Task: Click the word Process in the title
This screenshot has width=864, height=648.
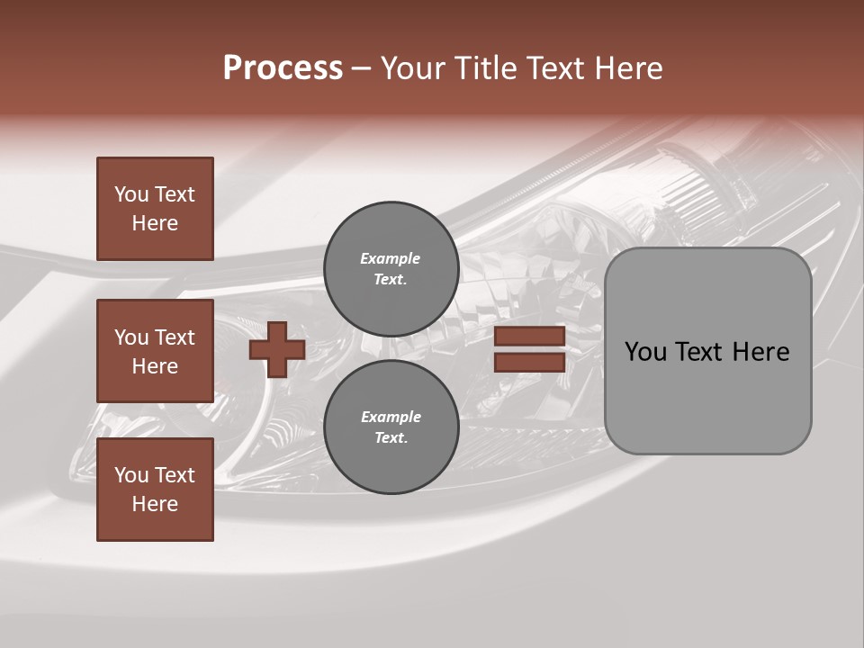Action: pos(283,68)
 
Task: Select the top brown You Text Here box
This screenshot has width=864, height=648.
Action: pos(155,209)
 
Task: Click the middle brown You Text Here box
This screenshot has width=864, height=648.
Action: pos(155,351)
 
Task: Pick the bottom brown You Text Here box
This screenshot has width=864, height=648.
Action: pos(155,490)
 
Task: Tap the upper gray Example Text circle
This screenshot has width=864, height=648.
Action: pos(391,269)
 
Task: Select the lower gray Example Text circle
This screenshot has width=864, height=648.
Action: pos(391,427)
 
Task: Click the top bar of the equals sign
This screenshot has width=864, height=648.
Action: pos(529,337)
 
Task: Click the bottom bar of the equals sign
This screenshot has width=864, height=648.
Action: pos(529,363)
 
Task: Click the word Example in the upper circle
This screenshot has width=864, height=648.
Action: pos(391,258)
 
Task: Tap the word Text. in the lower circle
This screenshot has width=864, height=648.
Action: pos(391,438)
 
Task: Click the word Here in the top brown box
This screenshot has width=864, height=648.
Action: pos(155,223)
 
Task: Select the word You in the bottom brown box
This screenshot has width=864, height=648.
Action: pos(131,475)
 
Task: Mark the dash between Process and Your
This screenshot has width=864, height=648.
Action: pos(361,70)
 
